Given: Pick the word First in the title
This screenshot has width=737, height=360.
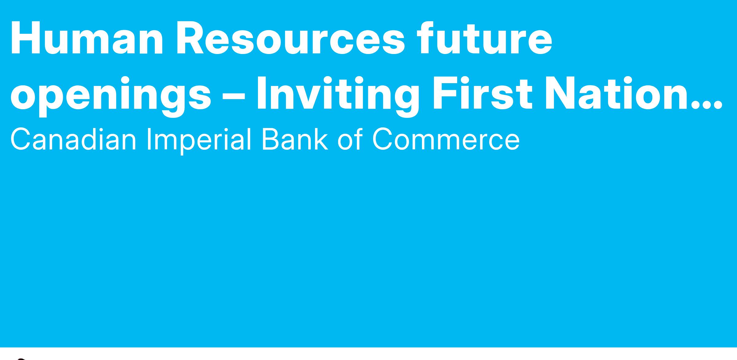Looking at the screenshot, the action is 482,93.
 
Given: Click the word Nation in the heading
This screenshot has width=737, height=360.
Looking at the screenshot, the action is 617,93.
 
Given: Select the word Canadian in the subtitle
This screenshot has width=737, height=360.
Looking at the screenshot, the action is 73,140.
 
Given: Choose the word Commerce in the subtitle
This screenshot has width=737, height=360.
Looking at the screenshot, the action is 446,140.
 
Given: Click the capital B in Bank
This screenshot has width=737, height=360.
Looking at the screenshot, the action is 271,140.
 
